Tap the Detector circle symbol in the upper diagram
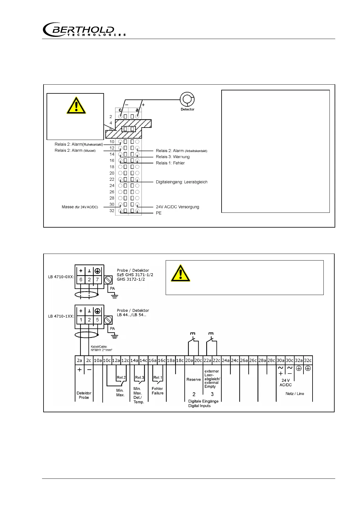point(187,99)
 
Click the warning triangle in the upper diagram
point(76,105)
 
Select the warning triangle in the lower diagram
point(180,273)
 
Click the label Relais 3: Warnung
point(173,157)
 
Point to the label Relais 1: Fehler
point(170,163)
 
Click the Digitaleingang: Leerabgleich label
point(181,182)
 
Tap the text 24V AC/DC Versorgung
point(177,207)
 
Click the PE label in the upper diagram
point(159,213)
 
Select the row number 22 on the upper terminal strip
point(112,179)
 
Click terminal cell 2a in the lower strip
point(79,360)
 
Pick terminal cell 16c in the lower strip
point(162,360)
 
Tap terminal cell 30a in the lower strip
point(281,360)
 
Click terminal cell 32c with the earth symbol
point(308,360)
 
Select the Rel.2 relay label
point(121,377)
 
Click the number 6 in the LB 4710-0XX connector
point(81,280)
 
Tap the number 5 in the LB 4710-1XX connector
point(97,319)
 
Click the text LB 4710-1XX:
point(61,316)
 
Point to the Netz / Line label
point(295,394)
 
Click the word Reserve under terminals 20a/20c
point(193,379)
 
